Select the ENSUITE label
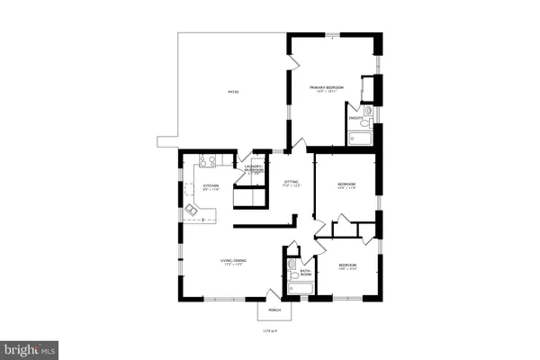355,117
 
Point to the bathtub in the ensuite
359,139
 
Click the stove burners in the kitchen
204,162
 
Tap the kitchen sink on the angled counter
192,211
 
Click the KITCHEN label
211,186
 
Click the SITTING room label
291,184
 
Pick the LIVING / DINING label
234,262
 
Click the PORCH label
274,310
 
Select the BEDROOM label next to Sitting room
346,185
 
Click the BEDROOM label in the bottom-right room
347,265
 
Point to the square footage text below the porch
269,329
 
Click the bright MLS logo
31,347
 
